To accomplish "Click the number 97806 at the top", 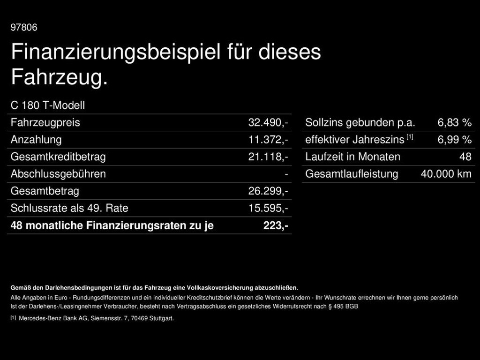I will click(24, 28).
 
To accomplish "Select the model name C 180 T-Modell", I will click(48, 105).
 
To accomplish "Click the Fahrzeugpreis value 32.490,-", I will click(268, 123).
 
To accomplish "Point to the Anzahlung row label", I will click(36, 140).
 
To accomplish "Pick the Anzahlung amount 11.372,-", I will click(268, 140).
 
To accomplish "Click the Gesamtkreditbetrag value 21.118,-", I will click(268, 157).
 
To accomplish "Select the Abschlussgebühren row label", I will click(58, 174).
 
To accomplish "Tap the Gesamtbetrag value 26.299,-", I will click(268, 191).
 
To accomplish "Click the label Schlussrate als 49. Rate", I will click(69, 208).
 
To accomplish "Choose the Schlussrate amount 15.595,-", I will click(268, 208).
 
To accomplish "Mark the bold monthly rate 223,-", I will click(276, 225).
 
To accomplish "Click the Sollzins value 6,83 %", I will click(454, 123).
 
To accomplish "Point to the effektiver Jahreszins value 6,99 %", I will click(454, 140).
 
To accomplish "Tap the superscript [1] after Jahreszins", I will click(410, 137).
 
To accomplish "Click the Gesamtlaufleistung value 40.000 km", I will click(446, 174).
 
